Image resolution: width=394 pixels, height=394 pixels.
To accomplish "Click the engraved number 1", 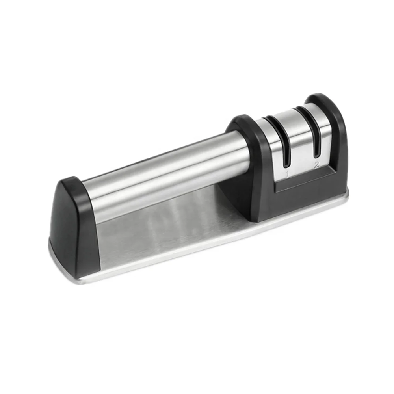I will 287,173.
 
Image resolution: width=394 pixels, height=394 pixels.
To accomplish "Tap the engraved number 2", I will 316,165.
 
